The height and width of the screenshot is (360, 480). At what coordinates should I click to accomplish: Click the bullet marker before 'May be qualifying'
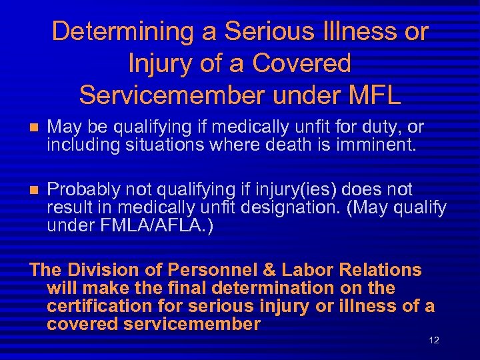click(34, 127)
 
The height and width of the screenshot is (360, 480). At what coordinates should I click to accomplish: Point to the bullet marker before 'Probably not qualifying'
click(34, 190)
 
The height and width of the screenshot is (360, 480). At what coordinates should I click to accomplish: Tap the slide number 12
click(434, 341)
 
